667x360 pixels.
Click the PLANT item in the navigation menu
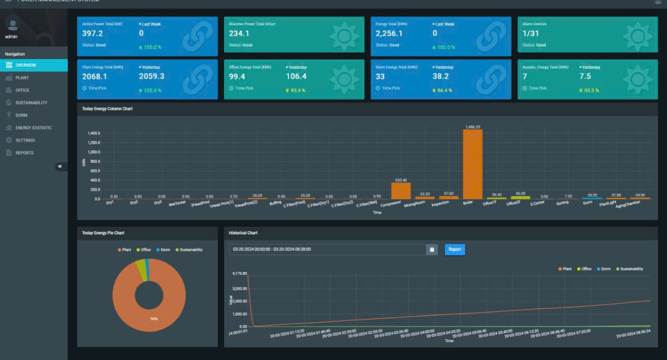pyautogui.click(x=22, y=78)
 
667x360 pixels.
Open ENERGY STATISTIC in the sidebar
pyautogui.click(x=33, y=128)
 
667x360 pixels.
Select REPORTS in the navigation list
pyautogui.click(x=24, y=153)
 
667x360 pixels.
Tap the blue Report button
pyautogui.click(x=454, y=250)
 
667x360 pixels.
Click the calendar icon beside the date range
pyautogui.click(x=432, y=250)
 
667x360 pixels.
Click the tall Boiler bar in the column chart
pyautogui.click(x=472, y=164)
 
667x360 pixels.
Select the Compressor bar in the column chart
pyautogui.click(x=401, y=191)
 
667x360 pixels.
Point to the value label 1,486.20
pyautogui.click(x=472, y=127)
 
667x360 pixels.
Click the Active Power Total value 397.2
pyautogui.click(x=93, y=33)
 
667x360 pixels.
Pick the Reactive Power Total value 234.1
pyautogui.click(x=239, y=33)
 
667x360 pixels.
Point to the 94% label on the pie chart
pyautogui.click(x=154, y=318)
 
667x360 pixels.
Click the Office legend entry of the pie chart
pyautogui.click(x=143, y=250)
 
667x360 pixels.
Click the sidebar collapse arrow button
pyautogui.click(x=60, y=167)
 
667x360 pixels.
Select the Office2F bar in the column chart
pyautogui.click(x=520, y=197)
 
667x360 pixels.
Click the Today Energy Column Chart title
pyautogui.click(x=107, y=109)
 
